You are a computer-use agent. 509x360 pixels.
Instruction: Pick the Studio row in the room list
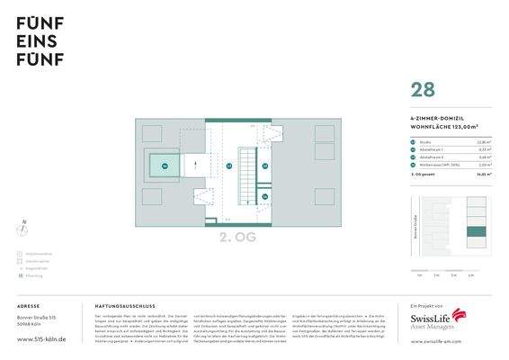point(424,141)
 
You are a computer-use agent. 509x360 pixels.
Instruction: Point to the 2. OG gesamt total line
point(428,174)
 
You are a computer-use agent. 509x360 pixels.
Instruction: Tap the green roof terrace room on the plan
point(165,166)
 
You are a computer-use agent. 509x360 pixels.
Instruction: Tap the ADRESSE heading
point(28,306)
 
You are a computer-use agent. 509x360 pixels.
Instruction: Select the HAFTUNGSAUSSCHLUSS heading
point(124,306)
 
